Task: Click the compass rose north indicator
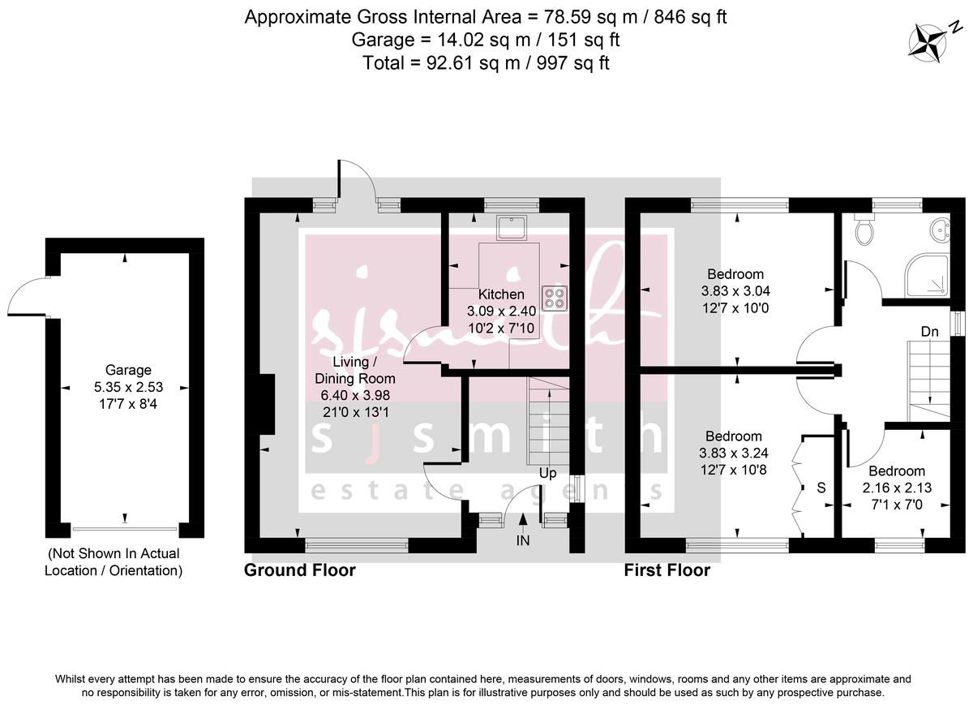pyautogui.click(x=927, y=42)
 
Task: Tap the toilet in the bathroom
pyautogui.click(x=865, y=231)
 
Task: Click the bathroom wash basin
pyautogui.click(x=942, y=230)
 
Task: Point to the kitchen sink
pyautogui.click(x=512, y=228)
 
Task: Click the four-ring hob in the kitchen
pyautogui.click(x=556, y=298)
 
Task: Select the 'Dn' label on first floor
pyautogui.click(x=930, y=331)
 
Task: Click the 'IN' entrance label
pyautogui.click(x=523, y=539)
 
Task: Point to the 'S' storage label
pyautogui.click(x=821, y=488)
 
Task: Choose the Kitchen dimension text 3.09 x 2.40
pyautogui.click(x=501, y=311)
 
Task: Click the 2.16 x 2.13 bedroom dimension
pyautogui.click(x=896, y=488)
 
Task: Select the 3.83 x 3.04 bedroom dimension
pyautogui.click(x=735, y=290)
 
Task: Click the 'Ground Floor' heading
pyautogui.click(x=299, y=570)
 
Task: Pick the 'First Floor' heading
pyautogui.click(x=667, y=570)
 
